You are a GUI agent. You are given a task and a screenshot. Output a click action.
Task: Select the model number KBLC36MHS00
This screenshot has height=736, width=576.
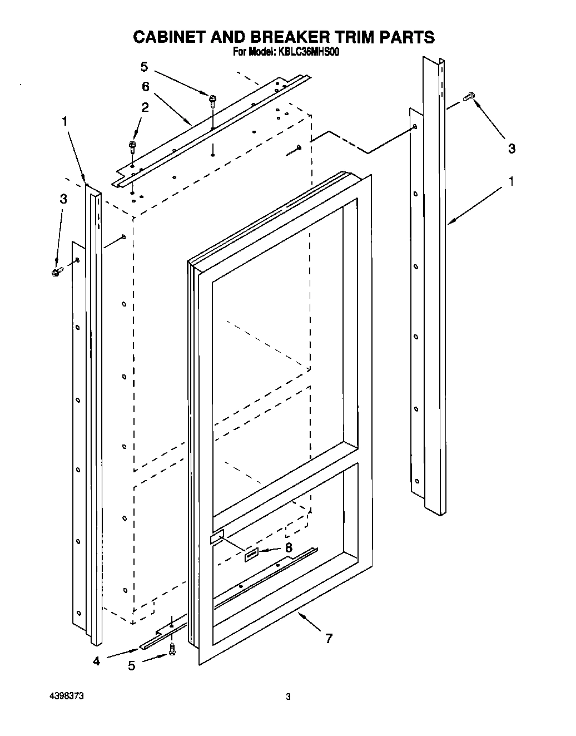click(308, 52)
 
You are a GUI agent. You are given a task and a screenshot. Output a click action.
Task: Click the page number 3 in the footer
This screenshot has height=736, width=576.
click(287, 697)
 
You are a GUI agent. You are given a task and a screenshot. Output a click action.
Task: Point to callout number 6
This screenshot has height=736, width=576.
click(146, 86)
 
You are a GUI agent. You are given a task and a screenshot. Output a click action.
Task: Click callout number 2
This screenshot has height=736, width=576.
click(145, 107)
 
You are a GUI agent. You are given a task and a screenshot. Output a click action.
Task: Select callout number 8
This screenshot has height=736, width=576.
click(289, 547)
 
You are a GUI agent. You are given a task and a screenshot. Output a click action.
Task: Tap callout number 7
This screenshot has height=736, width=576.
click(329, 639)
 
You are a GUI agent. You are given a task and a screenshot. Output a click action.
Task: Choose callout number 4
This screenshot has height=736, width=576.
click(96, 662)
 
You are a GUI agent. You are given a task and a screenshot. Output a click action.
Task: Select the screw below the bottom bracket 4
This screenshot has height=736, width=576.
click(172, 648)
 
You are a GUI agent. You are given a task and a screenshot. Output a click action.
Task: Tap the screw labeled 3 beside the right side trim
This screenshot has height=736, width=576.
click(469, 97)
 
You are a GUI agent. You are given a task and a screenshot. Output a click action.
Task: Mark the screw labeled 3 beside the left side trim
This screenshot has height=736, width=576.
click(57, 272)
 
